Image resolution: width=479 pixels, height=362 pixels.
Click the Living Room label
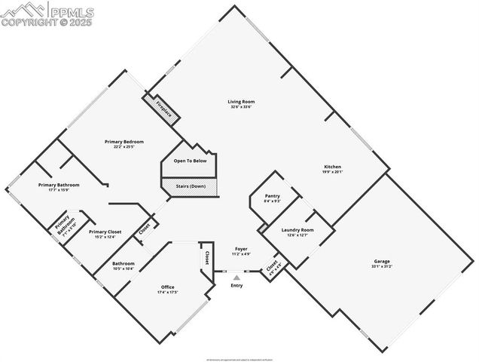point(242,102)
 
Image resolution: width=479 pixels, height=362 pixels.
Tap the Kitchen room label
point(333,167)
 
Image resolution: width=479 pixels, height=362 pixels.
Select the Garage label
point(382,262)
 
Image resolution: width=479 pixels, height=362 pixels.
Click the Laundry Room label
point(297,230)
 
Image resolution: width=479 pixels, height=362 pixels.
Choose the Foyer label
point(241,248)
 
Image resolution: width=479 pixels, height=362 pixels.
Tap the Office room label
point(168,287)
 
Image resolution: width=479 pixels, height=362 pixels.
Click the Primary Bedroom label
point(124,142)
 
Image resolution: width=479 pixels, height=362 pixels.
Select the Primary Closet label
point(105,232)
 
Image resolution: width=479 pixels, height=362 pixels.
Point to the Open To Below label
point(190,161)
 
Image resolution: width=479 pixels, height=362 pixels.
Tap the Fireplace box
point(164,109)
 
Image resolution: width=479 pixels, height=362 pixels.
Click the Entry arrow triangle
point(236,278)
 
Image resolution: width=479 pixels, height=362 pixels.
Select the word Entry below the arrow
point(236,285)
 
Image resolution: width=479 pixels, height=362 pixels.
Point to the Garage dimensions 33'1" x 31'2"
point(382,267)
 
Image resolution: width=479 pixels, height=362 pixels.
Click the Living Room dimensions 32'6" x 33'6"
point(242,107)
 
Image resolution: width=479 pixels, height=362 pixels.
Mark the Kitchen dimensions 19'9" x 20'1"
point(333,172)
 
